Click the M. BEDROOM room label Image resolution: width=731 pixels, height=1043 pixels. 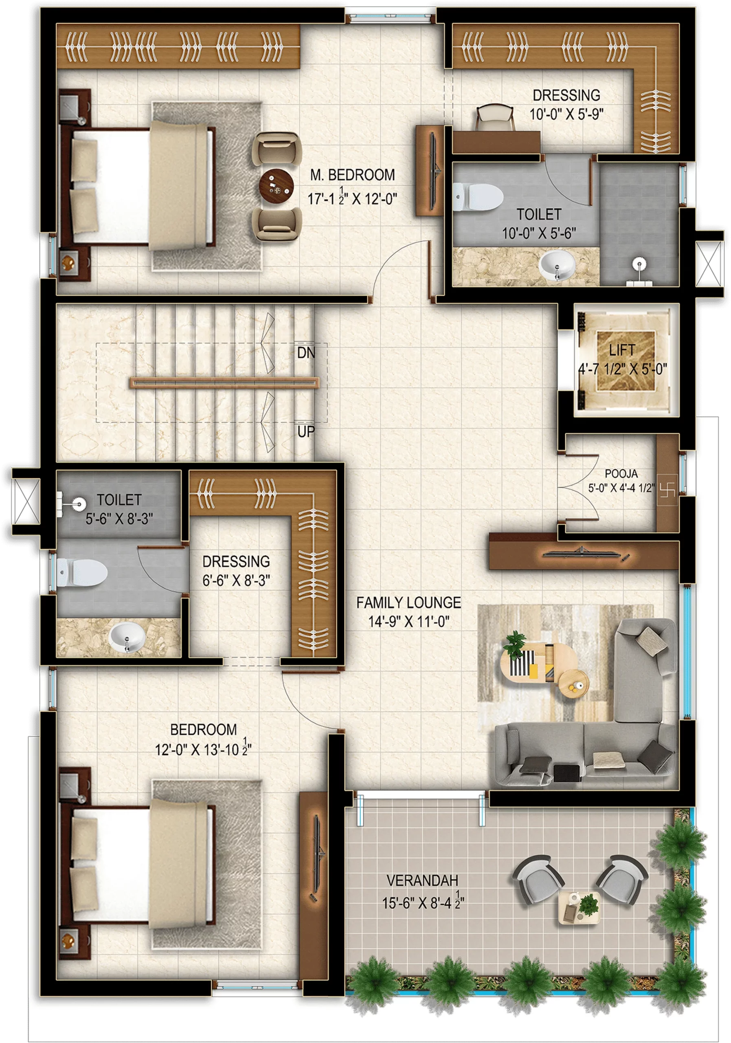352,175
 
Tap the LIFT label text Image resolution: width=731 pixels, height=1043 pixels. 621,350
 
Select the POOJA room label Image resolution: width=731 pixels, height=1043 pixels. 621,474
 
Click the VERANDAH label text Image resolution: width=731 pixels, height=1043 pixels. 422,880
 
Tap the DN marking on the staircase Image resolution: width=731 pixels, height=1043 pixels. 305,352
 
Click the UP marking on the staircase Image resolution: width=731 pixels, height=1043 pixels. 305,431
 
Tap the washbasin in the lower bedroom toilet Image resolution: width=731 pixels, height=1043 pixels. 127,637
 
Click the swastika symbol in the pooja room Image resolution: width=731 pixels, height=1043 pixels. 670,489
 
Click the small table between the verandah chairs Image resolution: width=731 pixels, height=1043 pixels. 578,907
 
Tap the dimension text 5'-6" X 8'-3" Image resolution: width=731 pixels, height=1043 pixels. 119,518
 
